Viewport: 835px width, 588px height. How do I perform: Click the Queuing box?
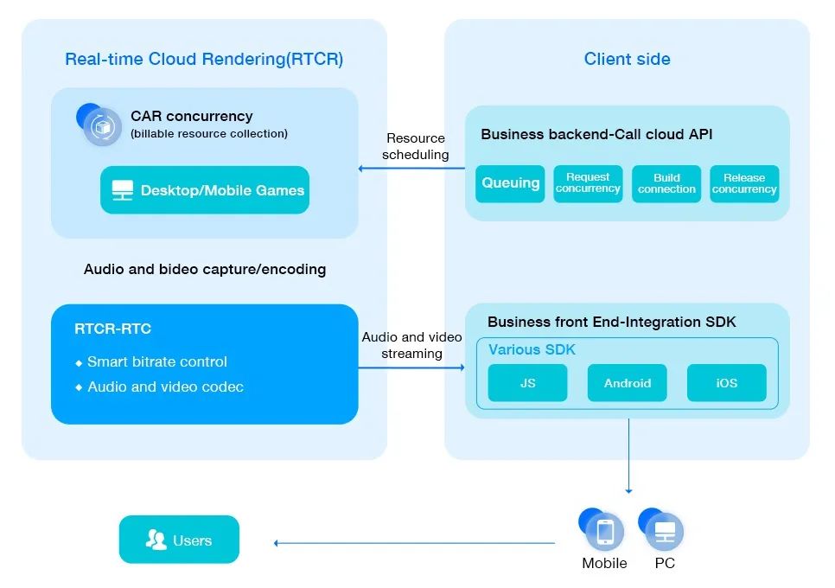(511, 183)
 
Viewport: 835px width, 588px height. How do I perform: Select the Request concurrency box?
(588, 183)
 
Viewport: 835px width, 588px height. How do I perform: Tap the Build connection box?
(666, 183)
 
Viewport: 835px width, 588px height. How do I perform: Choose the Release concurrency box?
(744, 183)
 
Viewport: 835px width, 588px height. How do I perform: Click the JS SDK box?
(527, 383)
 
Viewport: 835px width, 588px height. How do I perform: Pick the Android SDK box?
(628, 383)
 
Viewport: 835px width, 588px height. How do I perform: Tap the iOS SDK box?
(726, 383)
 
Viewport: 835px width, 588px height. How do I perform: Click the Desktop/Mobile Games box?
(205, 190)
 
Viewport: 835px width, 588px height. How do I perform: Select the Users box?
(179, 540)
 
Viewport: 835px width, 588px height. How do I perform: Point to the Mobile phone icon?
(604, 531)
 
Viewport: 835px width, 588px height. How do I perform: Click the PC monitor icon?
(665, 531)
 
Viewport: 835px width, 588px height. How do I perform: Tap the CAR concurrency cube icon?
(102, 127)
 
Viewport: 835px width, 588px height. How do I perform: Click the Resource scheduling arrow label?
(416, 146)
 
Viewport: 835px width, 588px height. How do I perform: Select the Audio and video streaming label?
(411, 345)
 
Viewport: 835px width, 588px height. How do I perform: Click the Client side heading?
(627, 60)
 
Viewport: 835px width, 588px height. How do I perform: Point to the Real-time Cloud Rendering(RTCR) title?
(204, 60)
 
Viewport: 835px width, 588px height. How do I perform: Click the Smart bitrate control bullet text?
(156, 361)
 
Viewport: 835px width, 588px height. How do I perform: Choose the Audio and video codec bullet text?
(164, 387)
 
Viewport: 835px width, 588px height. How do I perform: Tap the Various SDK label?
(532, 350)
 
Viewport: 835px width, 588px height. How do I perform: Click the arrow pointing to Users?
(415, 543)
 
